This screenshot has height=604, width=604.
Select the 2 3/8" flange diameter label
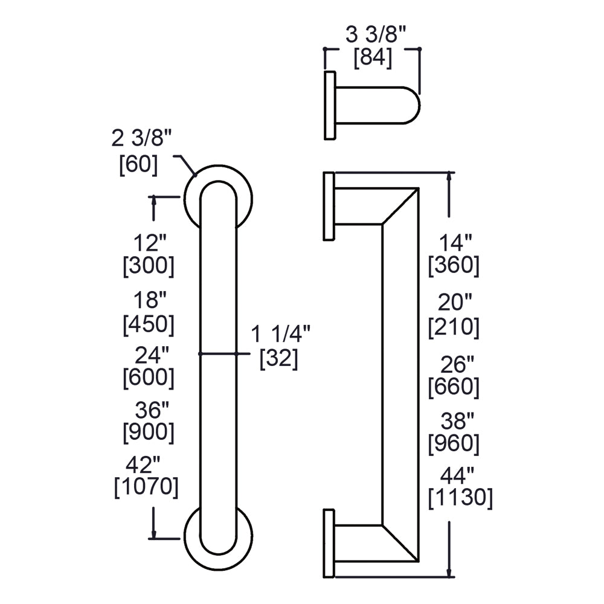pyautogui.click(x=142, y=140)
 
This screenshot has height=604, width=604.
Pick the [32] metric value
pyautogui.click(x=278, y=358)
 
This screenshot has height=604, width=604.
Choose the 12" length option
pyautogui.click(x=149, y=243)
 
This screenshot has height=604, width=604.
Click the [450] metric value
pyautogui.click(x=149, y=324)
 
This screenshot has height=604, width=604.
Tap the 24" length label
pyautogui.click(x=149, y=353)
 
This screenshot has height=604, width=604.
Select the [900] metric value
pyautogui.click(x=149, y=432)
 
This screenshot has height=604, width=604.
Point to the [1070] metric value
pyautogui.click(x=146, y=487)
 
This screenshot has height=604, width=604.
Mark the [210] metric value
pyautogui.click(x=454, y=327)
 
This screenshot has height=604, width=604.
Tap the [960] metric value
pyautogui.click(x=454, y=444)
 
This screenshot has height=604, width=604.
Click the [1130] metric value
pyautogui.click(x=460, y=498)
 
